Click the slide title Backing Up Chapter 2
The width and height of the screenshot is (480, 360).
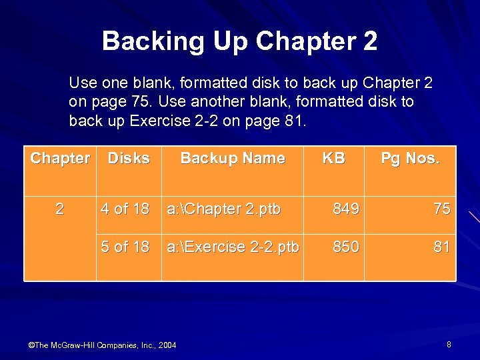[239, 41]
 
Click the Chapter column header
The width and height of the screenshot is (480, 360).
[60, 159]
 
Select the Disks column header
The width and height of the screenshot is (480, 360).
[129, 159]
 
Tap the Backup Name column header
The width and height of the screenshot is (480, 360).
[233, 159]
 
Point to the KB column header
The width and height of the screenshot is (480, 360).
[333, 159]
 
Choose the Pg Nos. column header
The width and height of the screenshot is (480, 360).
[409, 159]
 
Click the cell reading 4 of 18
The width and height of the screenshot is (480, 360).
[125, 209]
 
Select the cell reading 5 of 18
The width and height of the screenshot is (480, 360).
[125, 247]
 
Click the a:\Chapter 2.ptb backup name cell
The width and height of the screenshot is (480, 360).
[224, 209]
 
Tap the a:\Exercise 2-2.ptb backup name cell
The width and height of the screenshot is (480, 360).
[233, 247]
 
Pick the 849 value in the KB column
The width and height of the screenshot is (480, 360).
[346, 209]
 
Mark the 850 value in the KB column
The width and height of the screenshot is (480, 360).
[346, 247]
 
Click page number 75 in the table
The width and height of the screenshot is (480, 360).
[441, 209]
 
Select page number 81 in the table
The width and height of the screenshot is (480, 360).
[441, 247]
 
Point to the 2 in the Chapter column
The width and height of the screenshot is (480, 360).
[60, 209]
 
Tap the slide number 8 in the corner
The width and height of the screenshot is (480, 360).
[449, 344]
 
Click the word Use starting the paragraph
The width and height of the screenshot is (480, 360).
[83, 83]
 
